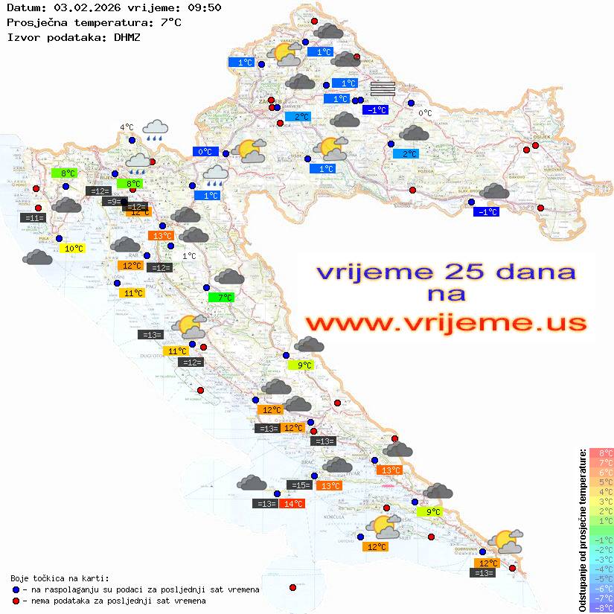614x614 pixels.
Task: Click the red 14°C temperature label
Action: (293, 504)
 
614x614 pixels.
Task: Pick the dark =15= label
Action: (300, 485)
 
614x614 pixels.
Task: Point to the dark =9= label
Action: (112, 202)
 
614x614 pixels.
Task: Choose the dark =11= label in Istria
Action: (33, 218)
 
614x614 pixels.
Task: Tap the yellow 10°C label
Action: (74, 249)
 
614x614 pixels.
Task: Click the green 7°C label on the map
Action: (222, 298)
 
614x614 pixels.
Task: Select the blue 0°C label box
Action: (205, 152)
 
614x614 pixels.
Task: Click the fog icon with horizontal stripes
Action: (383, 89)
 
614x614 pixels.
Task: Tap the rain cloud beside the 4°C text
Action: (156, 130)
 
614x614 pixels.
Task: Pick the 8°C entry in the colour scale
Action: (601, 453)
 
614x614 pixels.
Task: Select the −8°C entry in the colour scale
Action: (601, 608)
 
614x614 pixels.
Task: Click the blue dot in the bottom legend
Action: (16, 589)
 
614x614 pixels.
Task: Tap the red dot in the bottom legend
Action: (16, 601)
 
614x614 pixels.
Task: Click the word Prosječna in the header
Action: (38, 22)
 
